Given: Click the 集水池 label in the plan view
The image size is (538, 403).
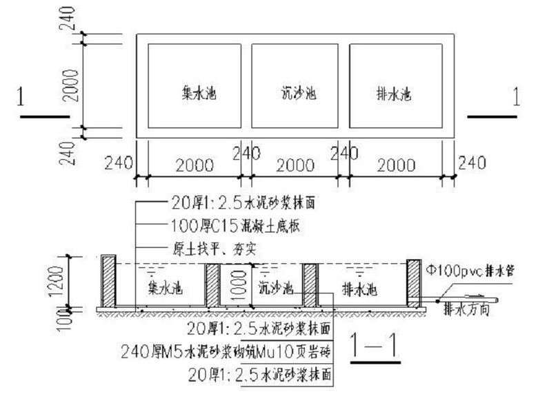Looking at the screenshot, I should click(199, 92).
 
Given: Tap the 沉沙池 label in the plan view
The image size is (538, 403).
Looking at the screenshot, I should click(299, 92).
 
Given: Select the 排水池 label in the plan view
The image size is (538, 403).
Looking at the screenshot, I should click(395, 92).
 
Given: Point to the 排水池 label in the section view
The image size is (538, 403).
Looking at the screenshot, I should click(359, 288).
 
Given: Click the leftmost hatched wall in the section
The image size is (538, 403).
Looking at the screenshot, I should click(108, 281).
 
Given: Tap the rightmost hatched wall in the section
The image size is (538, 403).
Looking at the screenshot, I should click(413, 281).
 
